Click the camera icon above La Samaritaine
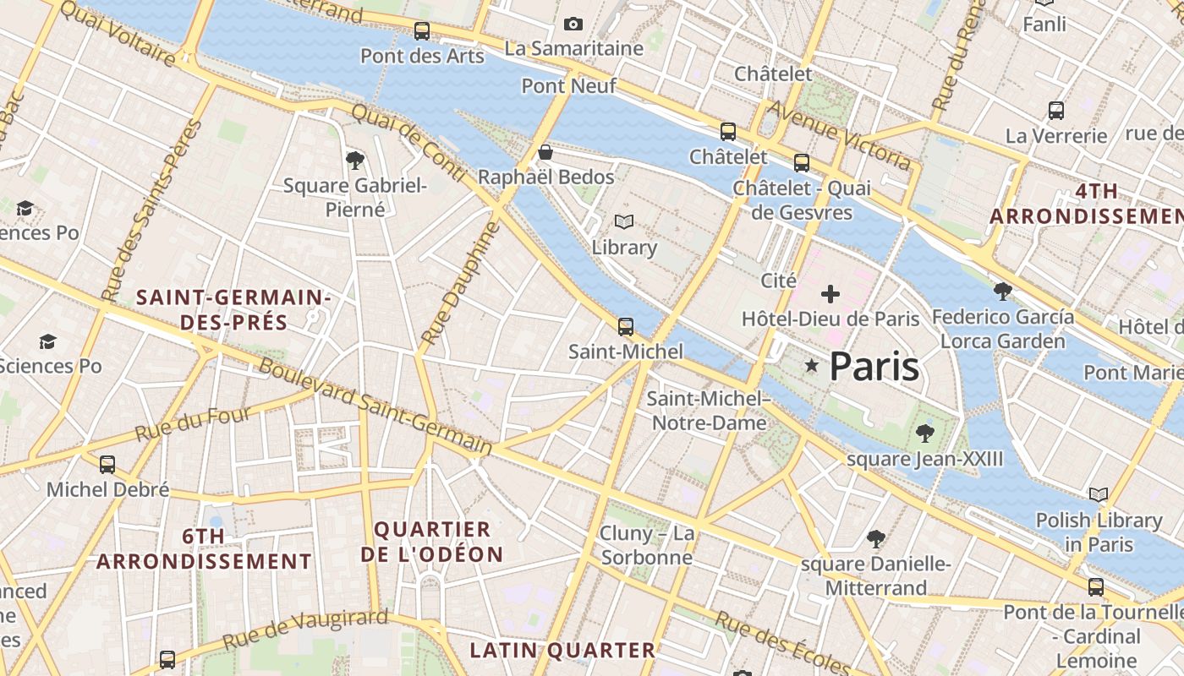[x=573, y=25]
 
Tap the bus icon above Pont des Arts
[x=421, y=32]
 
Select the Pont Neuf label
[x=568, y=85]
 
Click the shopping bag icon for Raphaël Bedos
[x=545, y=153]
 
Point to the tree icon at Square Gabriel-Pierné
[x=355, y=160]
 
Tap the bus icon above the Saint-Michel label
[x=626, y=326]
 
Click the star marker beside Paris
[x=812, y=366]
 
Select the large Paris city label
[x=874, y=366]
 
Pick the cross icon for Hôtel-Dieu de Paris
[x=830, y=294]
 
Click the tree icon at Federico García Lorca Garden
[x=1003, y=292]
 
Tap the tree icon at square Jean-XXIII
[x=924, y=433]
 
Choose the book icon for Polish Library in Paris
[x=1099, y=494]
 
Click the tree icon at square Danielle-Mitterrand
[x=876, y=538]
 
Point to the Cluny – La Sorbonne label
[x=647, y=545]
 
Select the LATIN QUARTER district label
[x=562, y=650]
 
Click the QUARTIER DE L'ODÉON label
[x=432, y=542]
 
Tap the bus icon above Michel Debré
[x=107, y=465]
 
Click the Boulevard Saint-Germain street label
[x=375, y=406]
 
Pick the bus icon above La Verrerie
[x=1056, y=111]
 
